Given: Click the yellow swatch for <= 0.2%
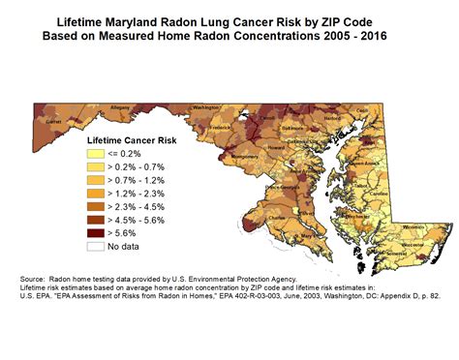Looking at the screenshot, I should point(94,154).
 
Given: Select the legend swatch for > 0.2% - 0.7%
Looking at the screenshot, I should point(94,166).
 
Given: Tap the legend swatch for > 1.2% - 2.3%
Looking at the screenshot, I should point(94,193).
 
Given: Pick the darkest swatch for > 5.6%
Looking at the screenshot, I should point(94,232).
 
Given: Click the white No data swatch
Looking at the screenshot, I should point(94,246).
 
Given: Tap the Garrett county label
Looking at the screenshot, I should point(44,123).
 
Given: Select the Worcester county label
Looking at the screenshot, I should point(413,245).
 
